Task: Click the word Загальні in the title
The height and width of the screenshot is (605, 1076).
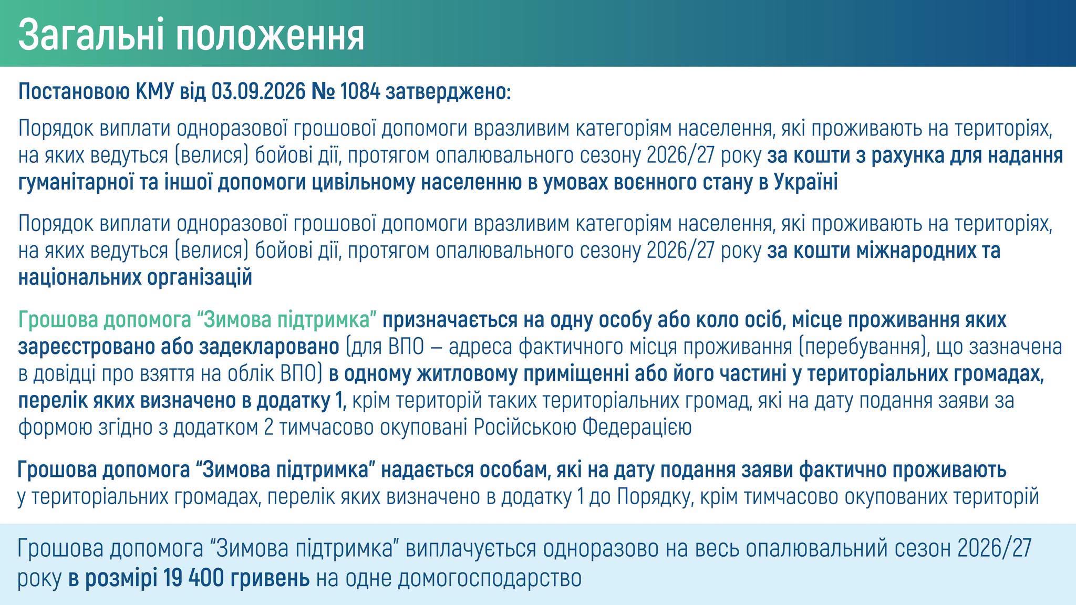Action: point(90,36)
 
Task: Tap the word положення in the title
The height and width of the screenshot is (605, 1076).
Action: point(270,36)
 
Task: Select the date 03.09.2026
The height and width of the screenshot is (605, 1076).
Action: point(258,92)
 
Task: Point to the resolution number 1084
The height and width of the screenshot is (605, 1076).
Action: point(360,92)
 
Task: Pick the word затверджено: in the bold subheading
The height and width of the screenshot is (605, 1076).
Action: point(448,93)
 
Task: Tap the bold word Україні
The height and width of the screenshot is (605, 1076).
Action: point(806,183)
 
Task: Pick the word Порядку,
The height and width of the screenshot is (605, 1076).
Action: point(653,497)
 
